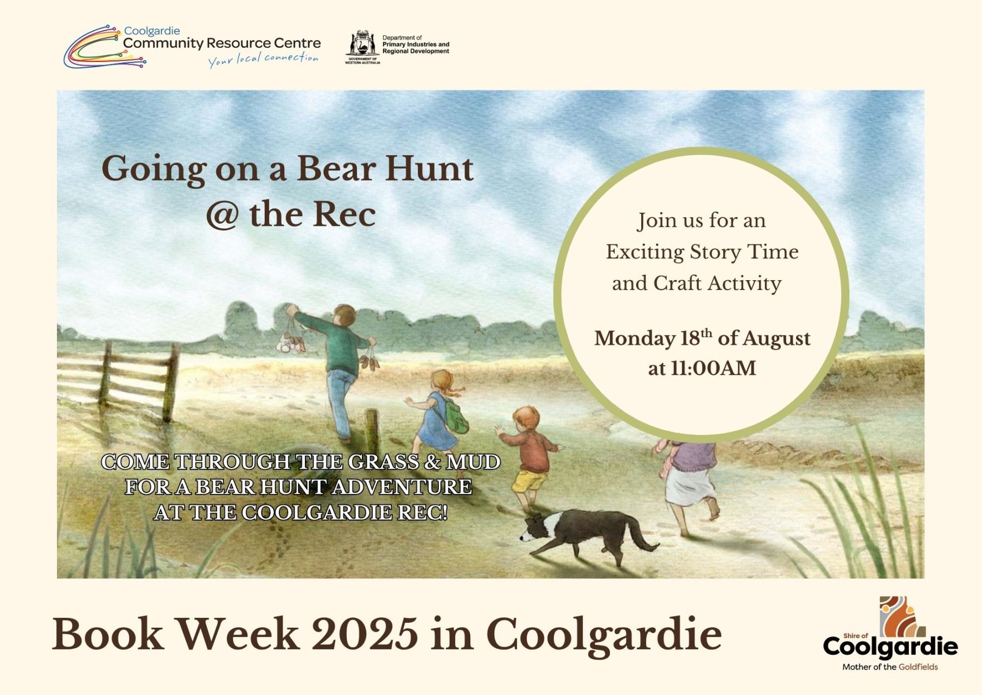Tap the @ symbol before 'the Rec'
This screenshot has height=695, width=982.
[x=222, y=215]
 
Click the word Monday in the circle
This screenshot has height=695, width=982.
[x=634, y=339]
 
